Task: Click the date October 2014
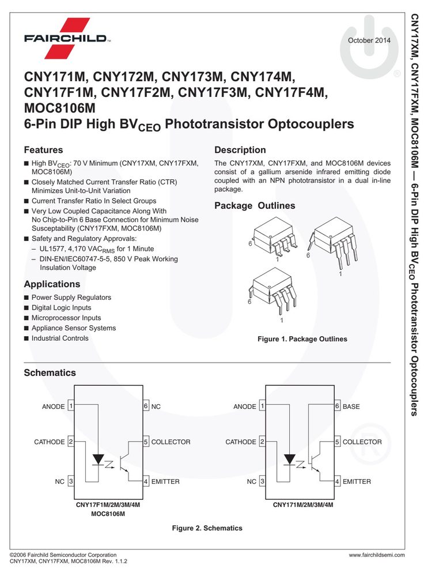pyautogui.click(x=369, y=40)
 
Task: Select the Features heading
pyautogui.click(x=43, y=150)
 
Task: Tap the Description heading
pyautogui.click(x=240, y=150)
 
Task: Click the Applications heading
pyautogui.click(x=52, y=284)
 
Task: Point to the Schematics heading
pyautogui.click(x=50, y=372)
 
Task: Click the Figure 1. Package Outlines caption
pyautogui.click(x=302, y=339)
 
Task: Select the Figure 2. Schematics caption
pyautogui.click(x=207, y=528)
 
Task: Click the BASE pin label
pyautogui.click(x=351, y=406)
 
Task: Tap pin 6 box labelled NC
pyautogui.click(x=146, y=406)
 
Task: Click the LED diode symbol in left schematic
pyautogui.click(x=98, y=460)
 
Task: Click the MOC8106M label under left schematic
pyautogui.click(x=108, y=514)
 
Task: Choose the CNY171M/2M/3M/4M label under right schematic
pyautogui.click(x=303, y=505)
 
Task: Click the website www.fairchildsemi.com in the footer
pyautogui.click(x=377, y=555)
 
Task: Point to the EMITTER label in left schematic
pyautogui.click(x=165, y=481)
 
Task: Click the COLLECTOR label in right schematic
pyautogui.click(x=362, y=442)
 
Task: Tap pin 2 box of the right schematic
pyautogui.click(x=262, y=442)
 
